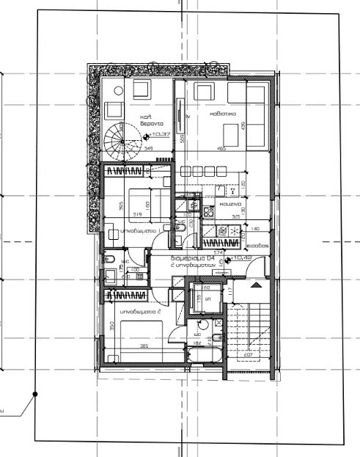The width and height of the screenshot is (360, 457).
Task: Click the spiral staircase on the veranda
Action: (x=115, y=139)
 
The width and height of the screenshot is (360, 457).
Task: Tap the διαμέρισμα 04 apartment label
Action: (x=192, y=259)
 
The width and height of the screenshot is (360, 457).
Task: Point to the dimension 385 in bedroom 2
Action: (x=145, y=346)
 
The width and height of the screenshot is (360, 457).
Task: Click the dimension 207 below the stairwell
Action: (x=249, y=355)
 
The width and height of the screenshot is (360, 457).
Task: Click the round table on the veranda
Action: (x=116, y=92)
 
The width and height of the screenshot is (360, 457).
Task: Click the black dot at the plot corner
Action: (x=34, y=395)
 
